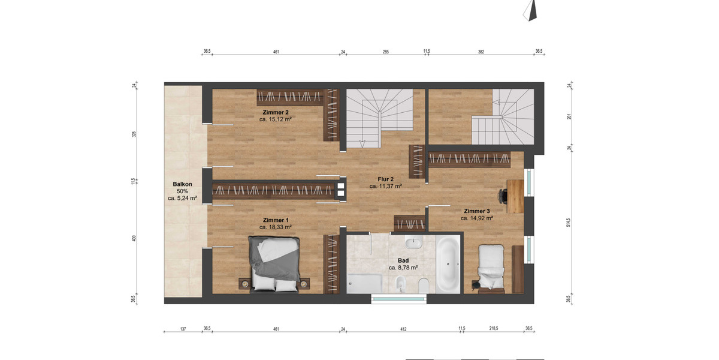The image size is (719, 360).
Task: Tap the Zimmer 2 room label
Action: coord(276,112)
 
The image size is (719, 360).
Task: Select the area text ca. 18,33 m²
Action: coord(276,227)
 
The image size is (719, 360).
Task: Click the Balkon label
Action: coord(182,184)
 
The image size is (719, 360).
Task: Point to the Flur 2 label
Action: coord(385,179)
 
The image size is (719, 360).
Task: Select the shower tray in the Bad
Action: coord(364,283)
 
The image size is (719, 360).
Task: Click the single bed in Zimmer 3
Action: coord(491,267)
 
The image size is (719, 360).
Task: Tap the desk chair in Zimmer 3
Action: coord(503,195)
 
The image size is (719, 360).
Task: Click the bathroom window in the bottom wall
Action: coord(395,298)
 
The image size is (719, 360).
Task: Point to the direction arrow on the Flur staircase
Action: coord(362,142)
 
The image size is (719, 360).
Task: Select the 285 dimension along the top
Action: coord(386,52)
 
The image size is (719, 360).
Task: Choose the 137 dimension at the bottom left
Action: coord(183,329)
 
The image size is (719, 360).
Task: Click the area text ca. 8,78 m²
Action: coord(403,268)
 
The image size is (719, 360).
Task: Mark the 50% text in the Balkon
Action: coord(182,191)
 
